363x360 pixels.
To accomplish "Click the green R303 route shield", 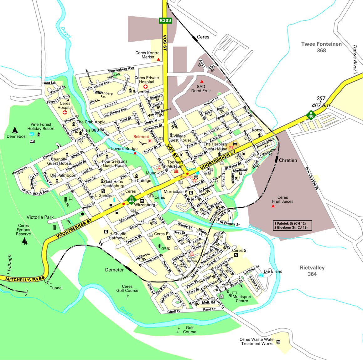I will click(165, 20).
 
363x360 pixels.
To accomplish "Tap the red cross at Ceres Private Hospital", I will click(145, 86).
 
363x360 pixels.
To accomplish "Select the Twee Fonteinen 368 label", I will click(321, 47).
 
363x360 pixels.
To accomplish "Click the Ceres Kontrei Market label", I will click(148, 55).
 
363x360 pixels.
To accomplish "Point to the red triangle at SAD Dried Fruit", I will click(201, 81).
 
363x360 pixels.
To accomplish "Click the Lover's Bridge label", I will click(124, 149).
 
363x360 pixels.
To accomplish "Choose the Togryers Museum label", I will click(175, 164).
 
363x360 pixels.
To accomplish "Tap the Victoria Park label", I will click(40, 217).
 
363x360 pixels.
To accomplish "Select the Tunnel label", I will click(56, 288).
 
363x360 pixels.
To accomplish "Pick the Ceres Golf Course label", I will click(127, 288).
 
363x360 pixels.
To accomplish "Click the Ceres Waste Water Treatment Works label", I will click(257, 341).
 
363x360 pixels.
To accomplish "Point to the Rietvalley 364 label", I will click(312, 271).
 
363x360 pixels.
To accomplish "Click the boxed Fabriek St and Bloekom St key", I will click(293, 226).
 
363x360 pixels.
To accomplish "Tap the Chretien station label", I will click(288, 160).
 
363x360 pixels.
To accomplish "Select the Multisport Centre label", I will click(242, 299).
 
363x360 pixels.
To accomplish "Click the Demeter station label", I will click(114, 270).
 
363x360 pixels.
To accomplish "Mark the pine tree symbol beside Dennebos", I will click(15, 130).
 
